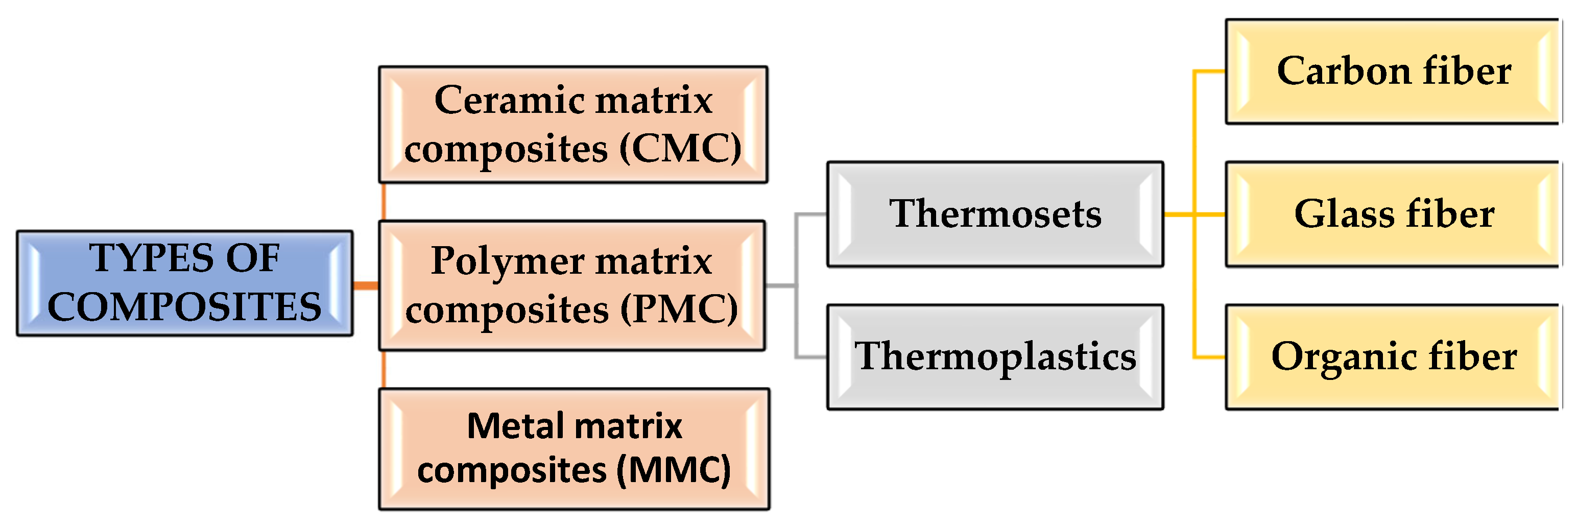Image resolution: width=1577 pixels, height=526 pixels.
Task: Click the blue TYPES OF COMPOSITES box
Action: tap(184, 283)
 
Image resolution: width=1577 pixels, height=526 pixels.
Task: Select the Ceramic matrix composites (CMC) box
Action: tap(573, 124)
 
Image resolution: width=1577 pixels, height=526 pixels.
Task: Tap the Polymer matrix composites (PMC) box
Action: tap(572, 285)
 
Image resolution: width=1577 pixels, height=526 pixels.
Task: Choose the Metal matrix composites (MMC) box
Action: tap(574, 449)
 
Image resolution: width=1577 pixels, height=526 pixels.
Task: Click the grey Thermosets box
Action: tap(995, 214)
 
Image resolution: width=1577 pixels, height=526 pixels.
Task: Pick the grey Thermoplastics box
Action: tap(995, 357)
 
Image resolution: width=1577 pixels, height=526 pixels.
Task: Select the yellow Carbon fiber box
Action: tap(1393, 71)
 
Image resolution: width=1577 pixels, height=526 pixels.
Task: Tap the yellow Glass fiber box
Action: tap(1393, 214)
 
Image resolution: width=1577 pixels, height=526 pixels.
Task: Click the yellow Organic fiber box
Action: tap(1393, 357)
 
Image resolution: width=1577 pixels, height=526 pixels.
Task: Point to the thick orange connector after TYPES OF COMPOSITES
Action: tap(366, 285)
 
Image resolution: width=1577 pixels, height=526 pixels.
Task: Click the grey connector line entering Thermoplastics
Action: tap(811, 356)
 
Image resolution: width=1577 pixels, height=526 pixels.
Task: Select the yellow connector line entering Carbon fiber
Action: tap(1209, 71)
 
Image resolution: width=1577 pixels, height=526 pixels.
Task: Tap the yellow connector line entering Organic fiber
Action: tap(1209, 357)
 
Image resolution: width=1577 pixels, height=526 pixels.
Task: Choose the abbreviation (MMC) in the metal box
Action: tap(674, 471)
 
